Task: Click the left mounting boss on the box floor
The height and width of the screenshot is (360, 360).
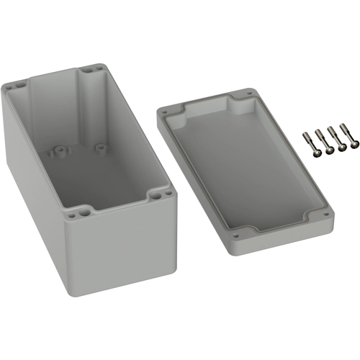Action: coord(58,153)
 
